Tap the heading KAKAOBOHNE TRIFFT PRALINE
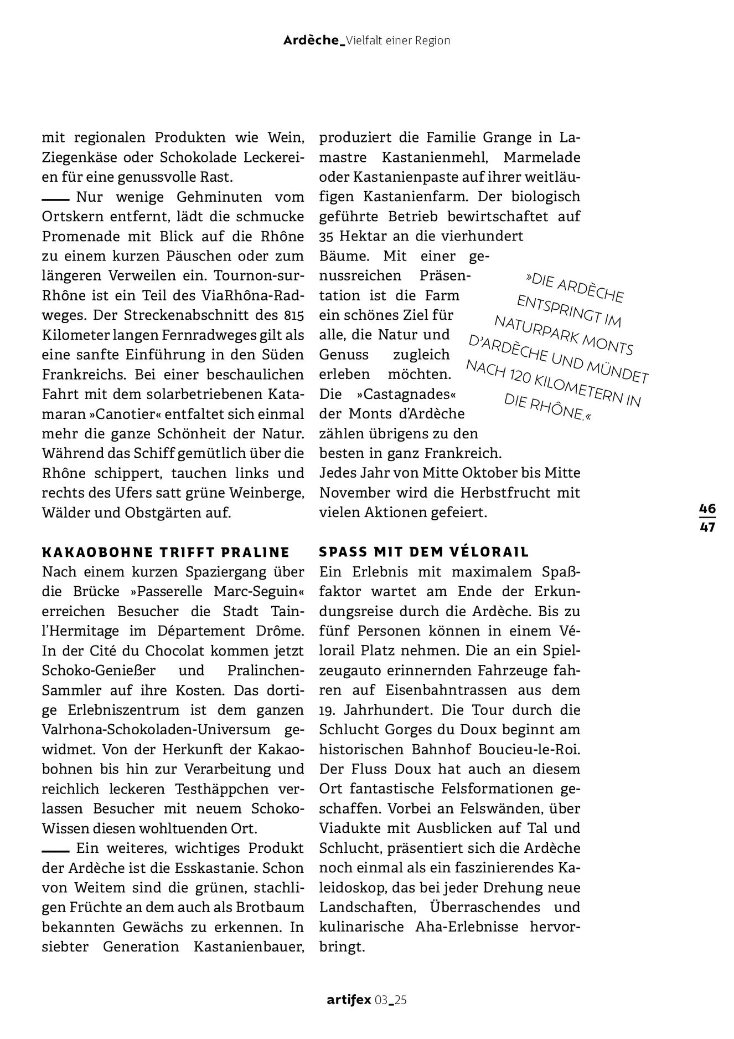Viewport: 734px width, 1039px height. [x=166, y=552]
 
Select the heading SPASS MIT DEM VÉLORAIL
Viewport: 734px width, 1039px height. [x=424, y=552]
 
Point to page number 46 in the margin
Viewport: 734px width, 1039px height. [x=707, y=509]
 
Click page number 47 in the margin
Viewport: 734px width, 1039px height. [x=707, y=527]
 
